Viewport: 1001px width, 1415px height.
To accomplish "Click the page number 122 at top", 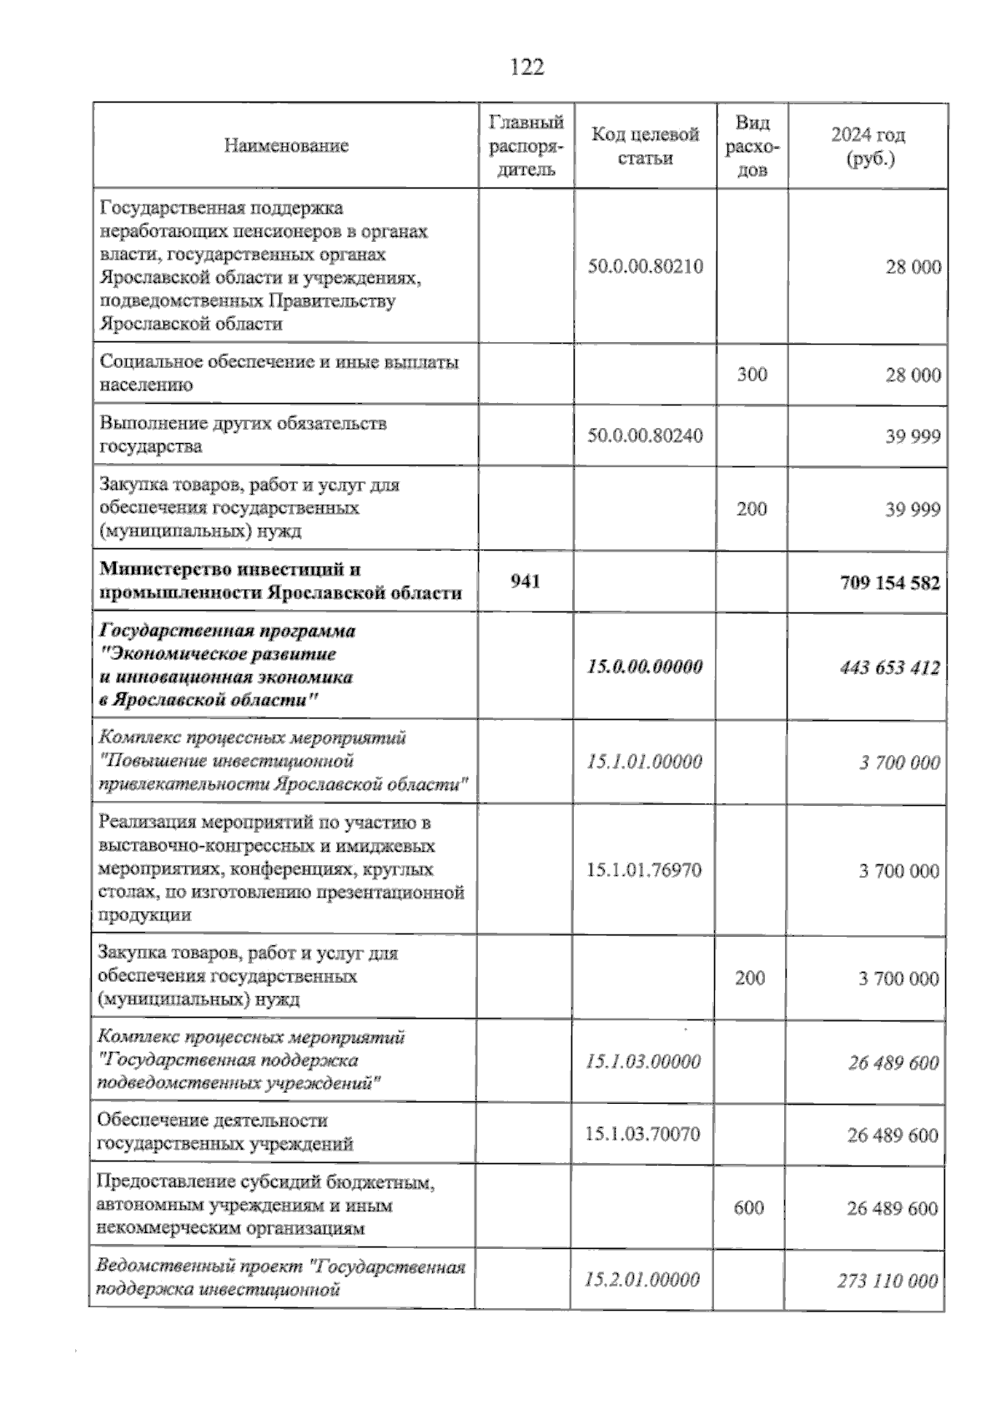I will pyautogui.click(x=526, y=68).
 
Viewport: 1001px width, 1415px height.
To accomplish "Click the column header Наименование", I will pyautogui.click(x=286, y=146).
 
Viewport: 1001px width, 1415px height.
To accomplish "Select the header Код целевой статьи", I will pyautogui.click(x=645, y=146).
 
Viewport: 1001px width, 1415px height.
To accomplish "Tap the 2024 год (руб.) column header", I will pyautogui.click(x=868, y=146).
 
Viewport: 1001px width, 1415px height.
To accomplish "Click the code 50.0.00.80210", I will pyautogui.click(x=645, y=267).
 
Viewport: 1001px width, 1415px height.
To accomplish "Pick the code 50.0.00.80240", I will pyautogui.click(x=645, y=436).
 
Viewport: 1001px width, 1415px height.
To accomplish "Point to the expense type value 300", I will pyautogui.click(x=752, y=375).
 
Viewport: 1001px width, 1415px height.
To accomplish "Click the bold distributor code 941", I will pyautogui.click(x=526, y=581).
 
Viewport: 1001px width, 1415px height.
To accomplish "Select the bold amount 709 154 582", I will pyautogui.click(x=890, y=582).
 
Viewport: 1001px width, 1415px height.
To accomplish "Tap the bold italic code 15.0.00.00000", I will pyautogui.click(x=645, y=667).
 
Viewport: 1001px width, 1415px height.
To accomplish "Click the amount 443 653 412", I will pyautogui.click(x=890, y=667).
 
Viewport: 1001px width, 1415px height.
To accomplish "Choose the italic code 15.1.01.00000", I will pyautogui.click(x=644, y=762).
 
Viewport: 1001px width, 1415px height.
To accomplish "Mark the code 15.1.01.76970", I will pyautogui.click(x=644, y=870).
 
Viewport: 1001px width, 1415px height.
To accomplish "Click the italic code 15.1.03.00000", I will pyautogui.click(x=643, y=1061).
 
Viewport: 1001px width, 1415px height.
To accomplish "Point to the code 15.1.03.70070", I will pyautogui.click(x=642, y=1134).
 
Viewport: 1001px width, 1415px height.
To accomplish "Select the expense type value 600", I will pyautogui.click(x=749, y=1207).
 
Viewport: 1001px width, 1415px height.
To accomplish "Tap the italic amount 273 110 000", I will pyautogui.click(x=888, y=1281).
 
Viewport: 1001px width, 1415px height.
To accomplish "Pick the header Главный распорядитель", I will pyautogui.click(x=526, y=146).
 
